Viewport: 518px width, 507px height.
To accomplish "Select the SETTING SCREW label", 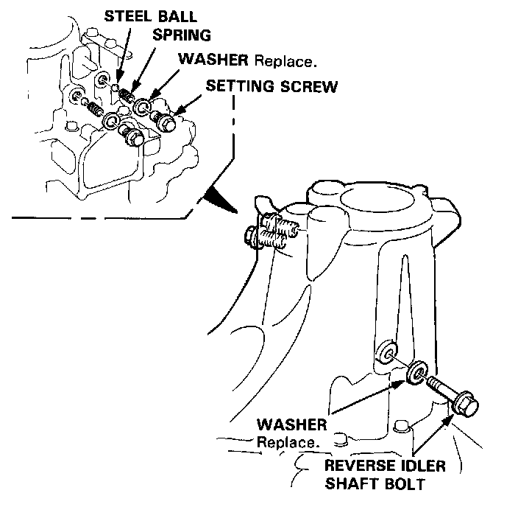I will click(x=272, y=86).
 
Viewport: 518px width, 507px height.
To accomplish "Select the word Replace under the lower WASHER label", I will click(x=288, y=443).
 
